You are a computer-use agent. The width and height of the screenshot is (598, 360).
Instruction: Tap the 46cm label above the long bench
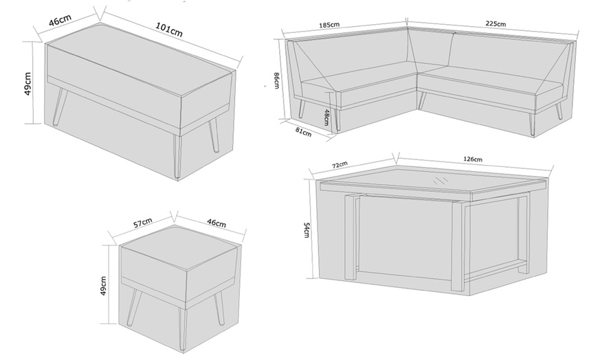tap(62, 19)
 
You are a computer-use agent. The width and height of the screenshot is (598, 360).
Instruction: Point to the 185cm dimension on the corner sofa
tap(329, 25)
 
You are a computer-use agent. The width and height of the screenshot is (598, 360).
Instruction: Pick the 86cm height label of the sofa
tap(275, 80)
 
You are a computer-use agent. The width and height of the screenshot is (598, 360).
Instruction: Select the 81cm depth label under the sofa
tap(302, 131)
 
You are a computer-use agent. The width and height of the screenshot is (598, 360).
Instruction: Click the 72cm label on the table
tap(339, 164)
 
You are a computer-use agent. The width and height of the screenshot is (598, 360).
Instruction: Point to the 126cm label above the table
tap(473, 160)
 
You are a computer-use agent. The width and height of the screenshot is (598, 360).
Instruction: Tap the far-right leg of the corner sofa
tap(560, 110)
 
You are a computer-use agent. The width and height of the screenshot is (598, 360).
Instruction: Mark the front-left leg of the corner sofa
tap(301, 109)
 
